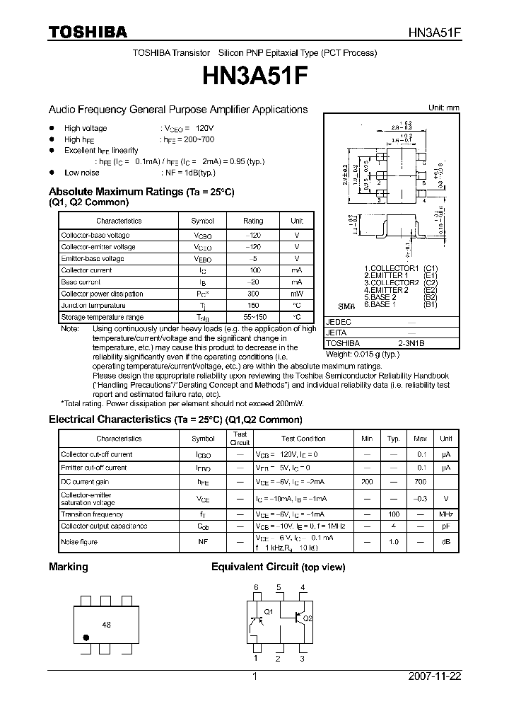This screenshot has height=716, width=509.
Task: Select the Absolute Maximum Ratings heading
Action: point(141,192)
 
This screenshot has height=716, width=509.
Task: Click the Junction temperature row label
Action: point(93,306)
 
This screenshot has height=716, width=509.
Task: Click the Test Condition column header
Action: point(303,439)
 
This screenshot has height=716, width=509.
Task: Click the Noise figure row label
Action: point(79,542)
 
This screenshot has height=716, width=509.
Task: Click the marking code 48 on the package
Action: point(107,625)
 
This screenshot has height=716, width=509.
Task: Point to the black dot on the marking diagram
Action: point(86,637)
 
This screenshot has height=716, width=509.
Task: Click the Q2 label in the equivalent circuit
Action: point(307,618)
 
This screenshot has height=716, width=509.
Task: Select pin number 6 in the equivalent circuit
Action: point(256,588)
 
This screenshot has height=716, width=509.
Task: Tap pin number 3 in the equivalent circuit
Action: point(302,659)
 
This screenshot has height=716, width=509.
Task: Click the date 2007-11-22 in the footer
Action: point(435,676)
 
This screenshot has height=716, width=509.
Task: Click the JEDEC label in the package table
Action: point(338,321)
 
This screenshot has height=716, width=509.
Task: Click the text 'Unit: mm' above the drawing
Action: point(444,108)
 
